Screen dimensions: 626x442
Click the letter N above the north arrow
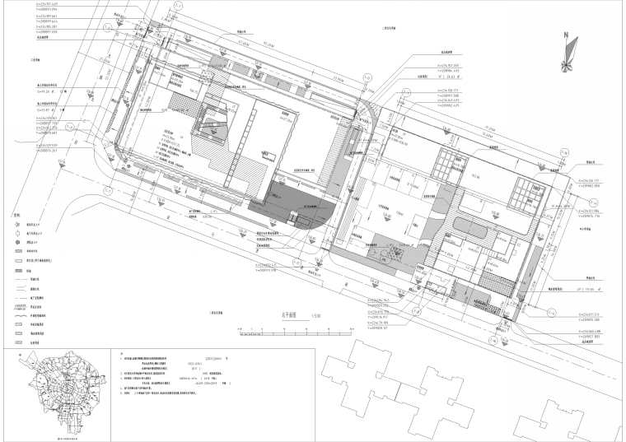[x=566, y=36]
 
